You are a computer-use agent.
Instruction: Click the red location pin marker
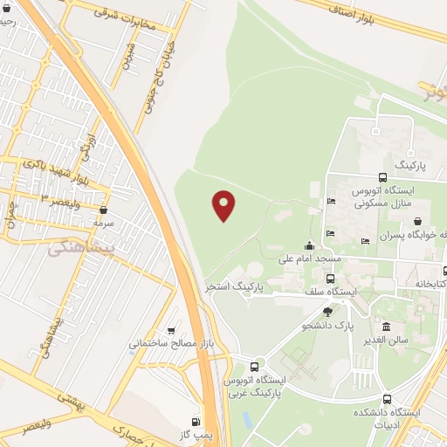[224, 204]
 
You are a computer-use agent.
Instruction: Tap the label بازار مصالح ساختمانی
[172, 343]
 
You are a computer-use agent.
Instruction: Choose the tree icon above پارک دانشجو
[327, 312]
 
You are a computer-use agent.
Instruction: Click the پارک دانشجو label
[327, 326]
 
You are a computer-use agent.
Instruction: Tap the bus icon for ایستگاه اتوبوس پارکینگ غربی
[254, 367]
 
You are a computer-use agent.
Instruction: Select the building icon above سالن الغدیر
[387, 327]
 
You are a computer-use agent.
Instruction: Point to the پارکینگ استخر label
[234, 285]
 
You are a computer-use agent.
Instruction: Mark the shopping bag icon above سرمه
[104, 210]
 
